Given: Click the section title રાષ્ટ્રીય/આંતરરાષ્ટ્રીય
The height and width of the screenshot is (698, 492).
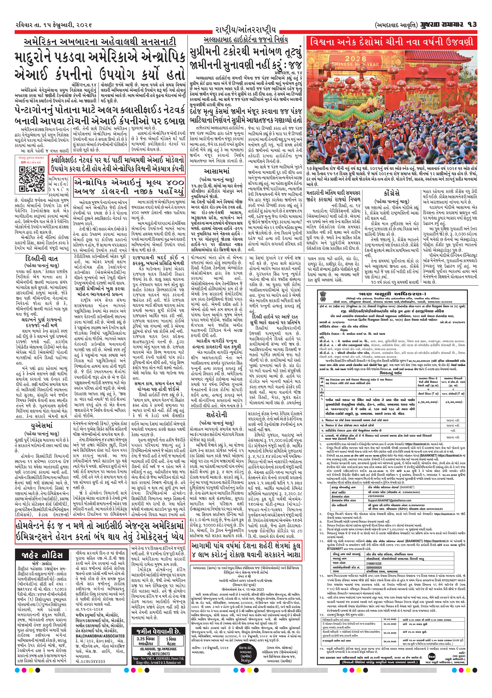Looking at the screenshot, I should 246,30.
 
